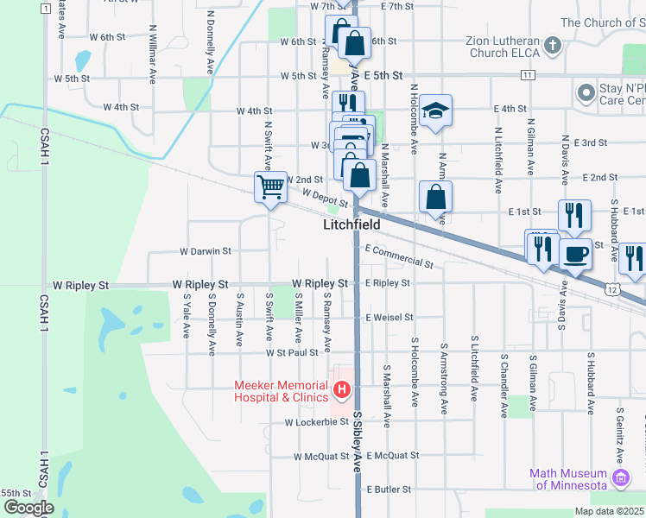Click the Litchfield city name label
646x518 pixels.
[351, 224]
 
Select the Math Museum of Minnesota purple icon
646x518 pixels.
[619, 477]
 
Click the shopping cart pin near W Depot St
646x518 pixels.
[271, 186]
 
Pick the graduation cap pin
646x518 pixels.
[437, 110]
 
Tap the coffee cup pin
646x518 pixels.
[575, 253]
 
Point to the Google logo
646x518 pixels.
[28, 508]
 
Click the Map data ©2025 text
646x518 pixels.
[609, 511]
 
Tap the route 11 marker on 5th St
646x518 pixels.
[526, 76]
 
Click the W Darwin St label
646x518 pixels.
[205, 251]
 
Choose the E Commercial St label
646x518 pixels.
[399, 256]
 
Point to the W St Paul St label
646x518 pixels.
[293, 352]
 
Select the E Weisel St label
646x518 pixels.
[390, 318]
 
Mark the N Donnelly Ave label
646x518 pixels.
[211, 41]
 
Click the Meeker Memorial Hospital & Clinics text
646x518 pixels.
[282, 391]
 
